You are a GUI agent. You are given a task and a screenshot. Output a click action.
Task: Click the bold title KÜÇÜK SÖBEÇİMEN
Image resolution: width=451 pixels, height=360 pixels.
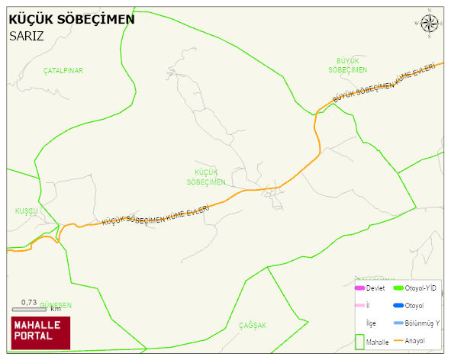(x=71, y=19)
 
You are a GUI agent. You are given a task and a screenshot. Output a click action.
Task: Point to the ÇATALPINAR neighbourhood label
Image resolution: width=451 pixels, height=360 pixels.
(x=63, y=71)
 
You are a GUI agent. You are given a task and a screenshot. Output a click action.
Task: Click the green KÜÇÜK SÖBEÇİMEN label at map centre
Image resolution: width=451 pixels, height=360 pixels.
(x=206, y=178)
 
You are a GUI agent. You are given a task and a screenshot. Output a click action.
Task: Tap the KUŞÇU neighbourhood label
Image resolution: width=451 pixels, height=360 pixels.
(x=26, y=211)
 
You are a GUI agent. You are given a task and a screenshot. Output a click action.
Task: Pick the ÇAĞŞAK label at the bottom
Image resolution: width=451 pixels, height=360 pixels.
(x=253, y=326)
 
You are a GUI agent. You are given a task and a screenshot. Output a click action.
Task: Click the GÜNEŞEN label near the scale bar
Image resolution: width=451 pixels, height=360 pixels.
(x=55, y=304)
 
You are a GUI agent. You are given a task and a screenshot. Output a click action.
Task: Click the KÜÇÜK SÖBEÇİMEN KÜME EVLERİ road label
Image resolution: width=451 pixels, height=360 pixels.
(x=160, y=212)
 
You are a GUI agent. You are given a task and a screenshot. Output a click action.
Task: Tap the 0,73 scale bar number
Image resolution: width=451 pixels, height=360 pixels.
(x=29, y=302)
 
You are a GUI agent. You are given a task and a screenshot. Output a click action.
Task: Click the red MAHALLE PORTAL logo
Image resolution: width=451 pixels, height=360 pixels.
(x=40, y=333)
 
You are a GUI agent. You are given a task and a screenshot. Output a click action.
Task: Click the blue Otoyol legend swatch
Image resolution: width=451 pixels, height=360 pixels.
(x=398, y=306)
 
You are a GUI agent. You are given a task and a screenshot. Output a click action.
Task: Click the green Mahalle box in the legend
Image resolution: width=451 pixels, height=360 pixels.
(x=360, y=342)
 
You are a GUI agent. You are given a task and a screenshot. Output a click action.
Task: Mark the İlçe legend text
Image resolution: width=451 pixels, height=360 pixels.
(x=371, y=323)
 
